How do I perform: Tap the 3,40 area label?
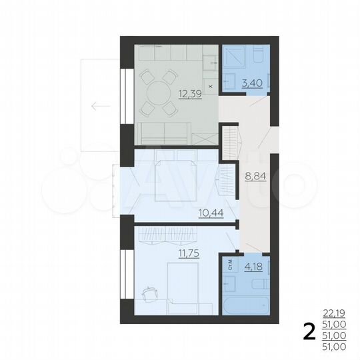252,84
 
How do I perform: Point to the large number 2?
309,331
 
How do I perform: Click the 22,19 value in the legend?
333,311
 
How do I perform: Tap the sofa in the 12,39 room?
163,133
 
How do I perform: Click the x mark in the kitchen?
211,86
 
